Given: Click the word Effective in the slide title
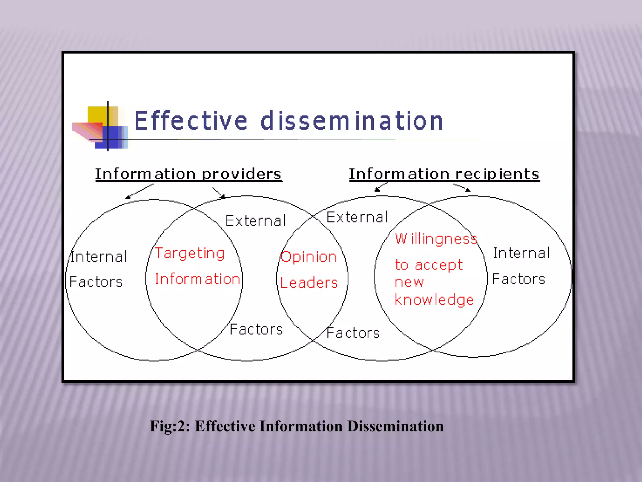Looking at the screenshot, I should pyautogui.click(x=191, y=121).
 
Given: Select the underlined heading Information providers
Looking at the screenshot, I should pyautogui.click(x=188, y=174).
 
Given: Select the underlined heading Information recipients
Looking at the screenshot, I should pyautogui.click(x=444, y=174).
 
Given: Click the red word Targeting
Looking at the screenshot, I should pyautogui.click(x=190, y=254).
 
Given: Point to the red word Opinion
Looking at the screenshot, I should pyautogui.click(x=309, y=257).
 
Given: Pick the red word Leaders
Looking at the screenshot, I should pyautogui.click(x=309, y=283).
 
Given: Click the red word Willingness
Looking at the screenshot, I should pyautogui.click(x=436, y=239).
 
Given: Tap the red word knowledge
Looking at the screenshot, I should pyautogui.click(x=434, y=300).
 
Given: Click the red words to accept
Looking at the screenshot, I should pyautogui.click(x=429, y=265).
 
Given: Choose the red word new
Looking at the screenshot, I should pyautogui.click(x=409, y=282).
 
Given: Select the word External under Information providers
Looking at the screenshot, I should pyautogui.click(x=255, y=221).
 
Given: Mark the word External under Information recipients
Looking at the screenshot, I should pyautogui.click(x=357, y=217).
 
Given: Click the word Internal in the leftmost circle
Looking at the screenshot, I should pyautogui.click(x=99, y=257).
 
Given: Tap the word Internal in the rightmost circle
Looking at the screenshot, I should pyautogui.click(x=521, y=253).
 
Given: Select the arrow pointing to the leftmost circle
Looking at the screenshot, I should pyautogui.click(x=139, y=191).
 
